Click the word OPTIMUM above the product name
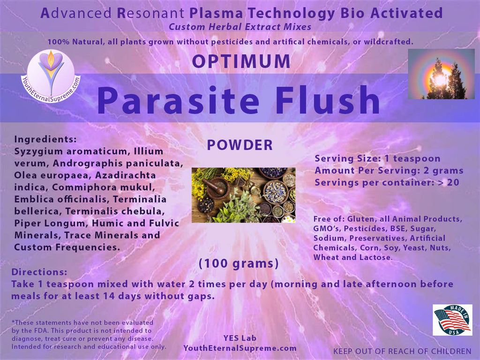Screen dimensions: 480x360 (241, 61)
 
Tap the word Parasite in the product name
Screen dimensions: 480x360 (178, 100)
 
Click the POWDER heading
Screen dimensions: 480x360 (240, 145)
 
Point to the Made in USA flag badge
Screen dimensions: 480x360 (452, 320)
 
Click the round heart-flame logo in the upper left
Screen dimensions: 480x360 (51, 75)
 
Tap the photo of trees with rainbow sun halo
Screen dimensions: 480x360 (441, 74)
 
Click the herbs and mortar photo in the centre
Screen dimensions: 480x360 (243, 195)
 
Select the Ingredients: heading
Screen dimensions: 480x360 (45, 139)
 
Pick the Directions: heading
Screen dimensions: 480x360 (39, 272)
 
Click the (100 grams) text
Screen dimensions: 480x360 (239, 263)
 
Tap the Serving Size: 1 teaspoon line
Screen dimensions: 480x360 (377, 158)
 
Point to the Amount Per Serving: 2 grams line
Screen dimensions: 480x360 (389, 171)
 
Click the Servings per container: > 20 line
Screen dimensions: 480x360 (387, 182)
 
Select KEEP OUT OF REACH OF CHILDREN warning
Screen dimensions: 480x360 (402, 352)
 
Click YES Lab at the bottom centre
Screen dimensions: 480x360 (240, 338)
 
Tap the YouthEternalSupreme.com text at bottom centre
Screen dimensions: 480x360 (240, 348)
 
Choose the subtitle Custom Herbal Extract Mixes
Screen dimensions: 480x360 (240, 27)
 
